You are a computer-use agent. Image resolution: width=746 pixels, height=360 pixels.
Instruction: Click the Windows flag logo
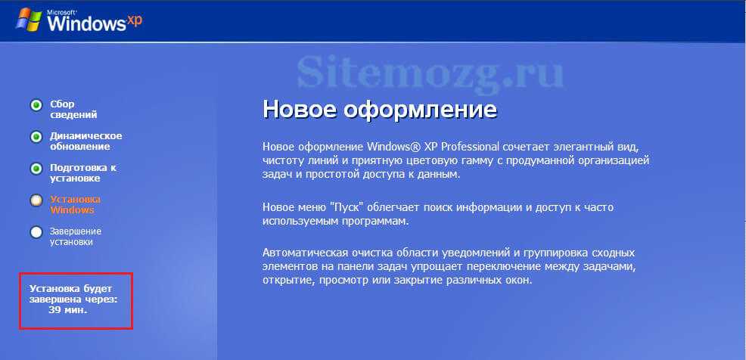(30, 19)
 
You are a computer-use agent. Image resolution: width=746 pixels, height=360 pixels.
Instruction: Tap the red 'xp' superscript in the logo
(135, 20)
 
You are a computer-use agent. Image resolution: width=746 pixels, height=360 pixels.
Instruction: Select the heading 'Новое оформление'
(380, 110)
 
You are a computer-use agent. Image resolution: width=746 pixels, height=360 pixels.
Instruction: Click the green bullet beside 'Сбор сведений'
(36, 105)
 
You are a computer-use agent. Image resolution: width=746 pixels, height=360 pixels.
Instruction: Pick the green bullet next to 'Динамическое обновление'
(36, 137)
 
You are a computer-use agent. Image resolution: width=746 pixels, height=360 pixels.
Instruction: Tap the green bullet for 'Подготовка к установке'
(36, 169)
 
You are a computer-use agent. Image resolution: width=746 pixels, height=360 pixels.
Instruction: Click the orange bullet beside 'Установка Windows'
(36, 200)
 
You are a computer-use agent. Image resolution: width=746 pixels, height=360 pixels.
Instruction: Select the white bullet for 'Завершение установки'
(36, 232)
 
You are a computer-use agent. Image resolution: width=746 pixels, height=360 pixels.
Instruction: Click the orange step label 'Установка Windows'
(75, 204)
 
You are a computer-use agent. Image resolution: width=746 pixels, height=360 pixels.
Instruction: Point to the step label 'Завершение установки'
(76, 237)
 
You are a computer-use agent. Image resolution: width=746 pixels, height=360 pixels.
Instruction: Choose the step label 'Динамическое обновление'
(85, 141)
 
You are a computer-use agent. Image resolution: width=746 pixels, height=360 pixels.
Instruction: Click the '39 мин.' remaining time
(68, 310)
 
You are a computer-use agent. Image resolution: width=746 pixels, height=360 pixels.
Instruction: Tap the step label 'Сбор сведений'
(73, 110)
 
